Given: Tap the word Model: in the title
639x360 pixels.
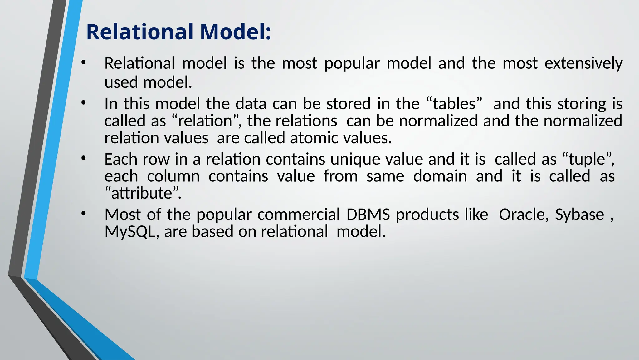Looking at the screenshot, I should [x=235, y=32].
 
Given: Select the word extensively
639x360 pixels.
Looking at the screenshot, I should [x=583, y=63].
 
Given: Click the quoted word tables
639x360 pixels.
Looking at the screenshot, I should [x=454, y=104].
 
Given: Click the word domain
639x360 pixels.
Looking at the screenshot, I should [x=440, y=176].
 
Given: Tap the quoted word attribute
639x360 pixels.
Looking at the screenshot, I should [x=142, y=193].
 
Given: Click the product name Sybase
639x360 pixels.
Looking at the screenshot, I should [x=579, y=215].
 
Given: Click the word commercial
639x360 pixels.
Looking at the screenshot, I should [x=299, y=215].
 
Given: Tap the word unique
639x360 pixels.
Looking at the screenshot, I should [x=355, y=159].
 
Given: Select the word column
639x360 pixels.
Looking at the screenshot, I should [x=173, y=176].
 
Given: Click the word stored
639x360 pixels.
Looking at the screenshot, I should [x=348, y=104].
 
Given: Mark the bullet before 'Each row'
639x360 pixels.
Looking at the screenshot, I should [x=83, y=159].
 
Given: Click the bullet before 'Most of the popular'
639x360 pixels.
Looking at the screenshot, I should [x=83, y=214].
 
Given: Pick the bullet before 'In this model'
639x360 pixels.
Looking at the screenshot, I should [x=83, y=103].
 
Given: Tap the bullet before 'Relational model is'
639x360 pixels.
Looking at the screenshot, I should [x=83, y=63].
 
